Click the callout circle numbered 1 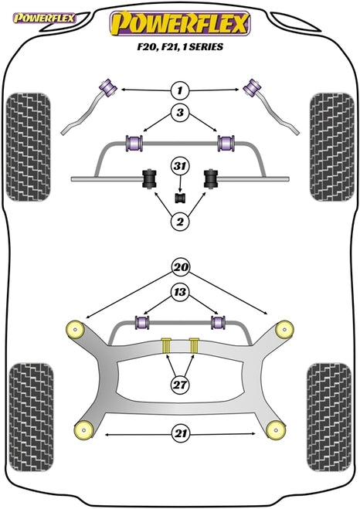180,90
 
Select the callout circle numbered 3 180,114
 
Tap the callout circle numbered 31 180,167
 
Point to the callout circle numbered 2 180,221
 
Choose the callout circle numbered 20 180,268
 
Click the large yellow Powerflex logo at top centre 181,25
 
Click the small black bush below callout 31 181,197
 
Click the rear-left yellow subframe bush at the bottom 83,429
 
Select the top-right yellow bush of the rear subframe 284,328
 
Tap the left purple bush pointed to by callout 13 141,321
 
